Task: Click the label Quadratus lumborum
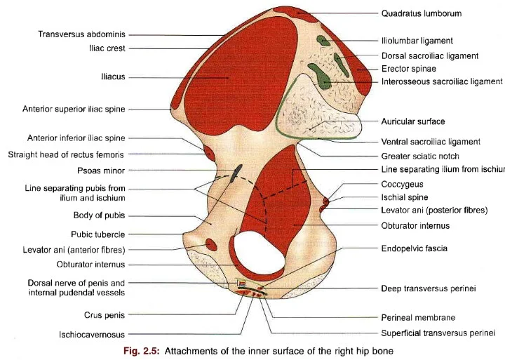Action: [x=421, y=13]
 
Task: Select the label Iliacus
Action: [x=113, y=76]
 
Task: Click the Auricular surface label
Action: [x=413, y=121]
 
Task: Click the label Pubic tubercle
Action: [x=97, y=234]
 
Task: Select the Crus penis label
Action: [x=102, y=315]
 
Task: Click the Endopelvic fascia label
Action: [x=414, y=248]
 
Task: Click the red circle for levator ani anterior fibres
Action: [x=210, y=244]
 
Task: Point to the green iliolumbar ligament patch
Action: [x=323, y=41]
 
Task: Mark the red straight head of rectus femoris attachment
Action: [x=208, y=152]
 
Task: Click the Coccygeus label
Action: [x=403, y=184]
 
